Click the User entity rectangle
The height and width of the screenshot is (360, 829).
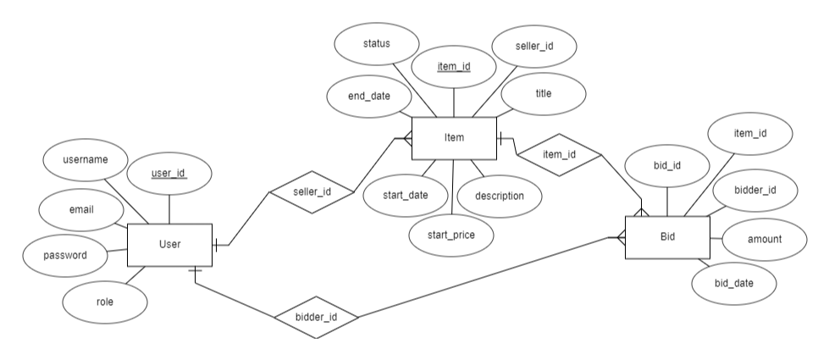click(169, 245)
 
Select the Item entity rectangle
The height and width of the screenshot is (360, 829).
click(453, 138)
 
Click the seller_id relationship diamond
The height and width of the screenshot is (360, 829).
click(311, 191)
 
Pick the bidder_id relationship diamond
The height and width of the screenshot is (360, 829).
click(318, 318)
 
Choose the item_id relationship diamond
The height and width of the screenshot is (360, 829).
click(559, 154)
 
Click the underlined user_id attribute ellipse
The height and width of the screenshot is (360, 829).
click(169, 174)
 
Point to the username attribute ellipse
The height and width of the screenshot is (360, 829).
click(84, 158)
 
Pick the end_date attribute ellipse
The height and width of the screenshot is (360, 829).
click(369, 96)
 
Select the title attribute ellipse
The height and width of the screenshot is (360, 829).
click(544, 94)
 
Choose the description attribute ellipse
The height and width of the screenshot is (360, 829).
click(498, 196)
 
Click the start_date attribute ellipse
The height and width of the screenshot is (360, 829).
click(405, 196)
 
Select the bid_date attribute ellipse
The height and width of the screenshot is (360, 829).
click(733, 282)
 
